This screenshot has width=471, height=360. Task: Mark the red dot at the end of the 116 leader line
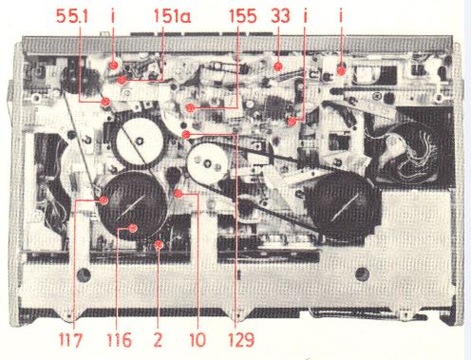[133, 228]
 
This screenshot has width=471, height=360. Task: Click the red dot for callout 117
[104, 200]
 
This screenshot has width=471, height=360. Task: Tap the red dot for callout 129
[187, 135]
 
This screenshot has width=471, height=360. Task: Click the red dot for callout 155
[192, 108]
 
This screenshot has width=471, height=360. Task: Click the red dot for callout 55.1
[103, 99]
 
